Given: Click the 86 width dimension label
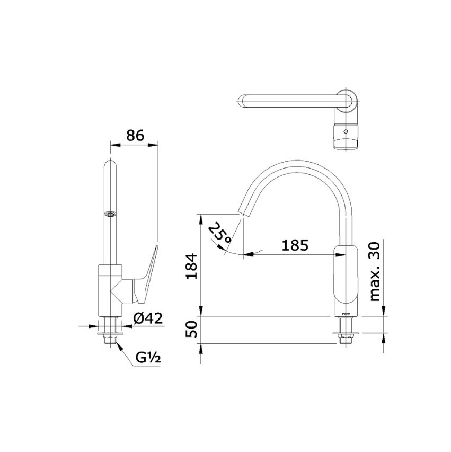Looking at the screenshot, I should [134, 135].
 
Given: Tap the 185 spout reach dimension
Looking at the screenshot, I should [295, 245].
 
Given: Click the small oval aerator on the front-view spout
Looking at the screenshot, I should [110, 215].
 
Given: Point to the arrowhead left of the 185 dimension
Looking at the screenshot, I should [249, 255].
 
